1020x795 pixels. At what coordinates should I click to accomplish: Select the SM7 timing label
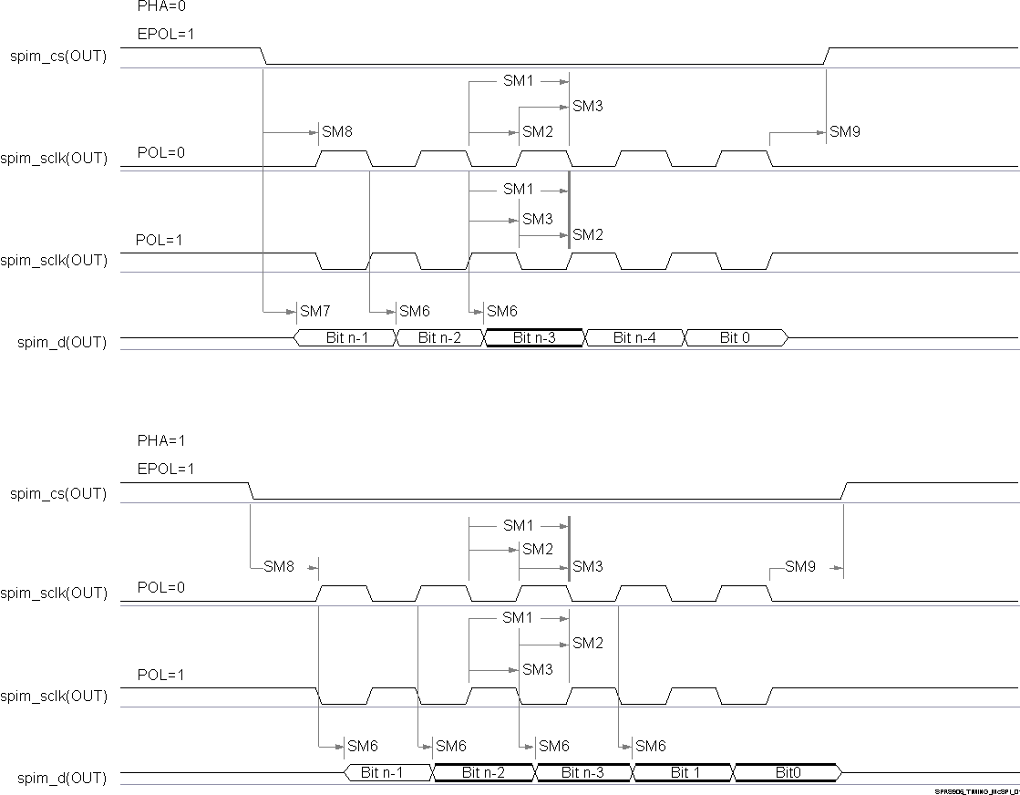click(x=314, y=312)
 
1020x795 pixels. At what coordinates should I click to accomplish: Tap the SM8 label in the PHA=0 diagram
click(x=336, y=132)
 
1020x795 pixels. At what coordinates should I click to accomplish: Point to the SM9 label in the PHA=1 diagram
click(x=799, y=567)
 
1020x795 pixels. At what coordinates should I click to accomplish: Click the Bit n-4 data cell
click(x=634, y=338)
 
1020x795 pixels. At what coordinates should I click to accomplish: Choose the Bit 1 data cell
click(x=680, y=773)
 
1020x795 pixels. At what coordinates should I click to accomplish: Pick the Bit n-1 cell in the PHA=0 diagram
click(x=346, y=338)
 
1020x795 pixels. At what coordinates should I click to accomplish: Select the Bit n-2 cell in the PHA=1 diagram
click(x=483, y=773)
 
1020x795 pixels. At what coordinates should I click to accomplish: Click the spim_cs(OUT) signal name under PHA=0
click(x=58, y=57)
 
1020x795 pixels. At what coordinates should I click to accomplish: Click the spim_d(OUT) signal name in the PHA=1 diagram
click(x=62, y=779)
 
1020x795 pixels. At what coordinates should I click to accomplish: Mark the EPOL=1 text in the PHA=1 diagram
click(x=165, y=469)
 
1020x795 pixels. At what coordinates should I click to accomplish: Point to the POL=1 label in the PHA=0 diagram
click(x=160, y=241)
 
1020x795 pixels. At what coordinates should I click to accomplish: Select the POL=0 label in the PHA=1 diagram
click(x=160, y=587)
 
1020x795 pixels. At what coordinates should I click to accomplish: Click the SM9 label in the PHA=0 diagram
click(x=844, y=132)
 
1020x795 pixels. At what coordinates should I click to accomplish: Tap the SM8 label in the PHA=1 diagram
click(x=279, y=567)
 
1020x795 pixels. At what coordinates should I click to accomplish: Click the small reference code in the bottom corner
click(x=975, y=791)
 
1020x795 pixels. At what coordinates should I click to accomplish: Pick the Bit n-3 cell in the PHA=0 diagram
click(x=534, y=338)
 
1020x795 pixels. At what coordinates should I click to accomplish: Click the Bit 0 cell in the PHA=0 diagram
click(x=736, y=338)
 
